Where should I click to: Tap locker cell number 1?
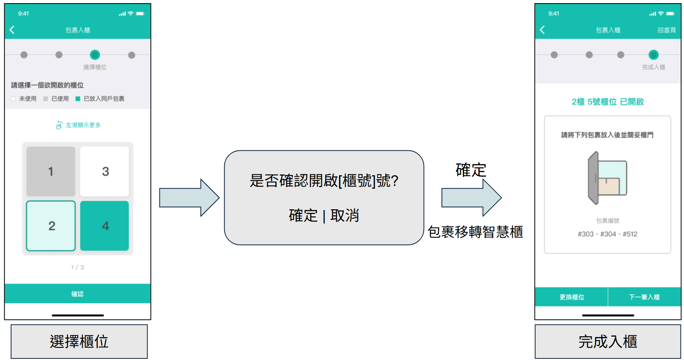click(51, 171)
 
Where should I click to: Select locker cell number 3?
click(104, 171)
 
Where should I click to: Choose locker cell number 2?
click(51, 226)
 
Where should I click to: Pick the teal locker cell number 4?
click(104, 226)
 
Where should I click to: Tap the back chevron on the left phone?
click(12, 30)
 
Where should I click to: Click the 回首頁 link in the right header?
click(666, 30)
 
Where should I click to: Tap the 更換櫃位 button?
click(572, 297)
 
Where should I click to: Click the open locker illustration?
click(607, 178)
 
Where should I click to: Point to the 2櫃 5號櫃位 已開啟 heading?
click(607, 102)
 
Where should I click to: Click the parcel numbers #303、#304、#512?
click(607, 234)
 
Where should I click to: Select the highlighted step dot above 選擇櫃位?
click(95, 55)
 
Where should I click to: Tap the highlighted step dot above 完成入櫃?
click(654, 55)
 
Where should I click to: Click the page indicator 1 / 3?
click(78, 267)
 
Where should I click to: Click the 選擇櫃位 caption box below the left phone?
click(79, 341)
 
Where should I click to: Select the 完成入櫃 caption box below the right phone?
click(608, 341)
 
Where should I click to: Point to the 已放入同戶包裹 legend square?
click(78, 99)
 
